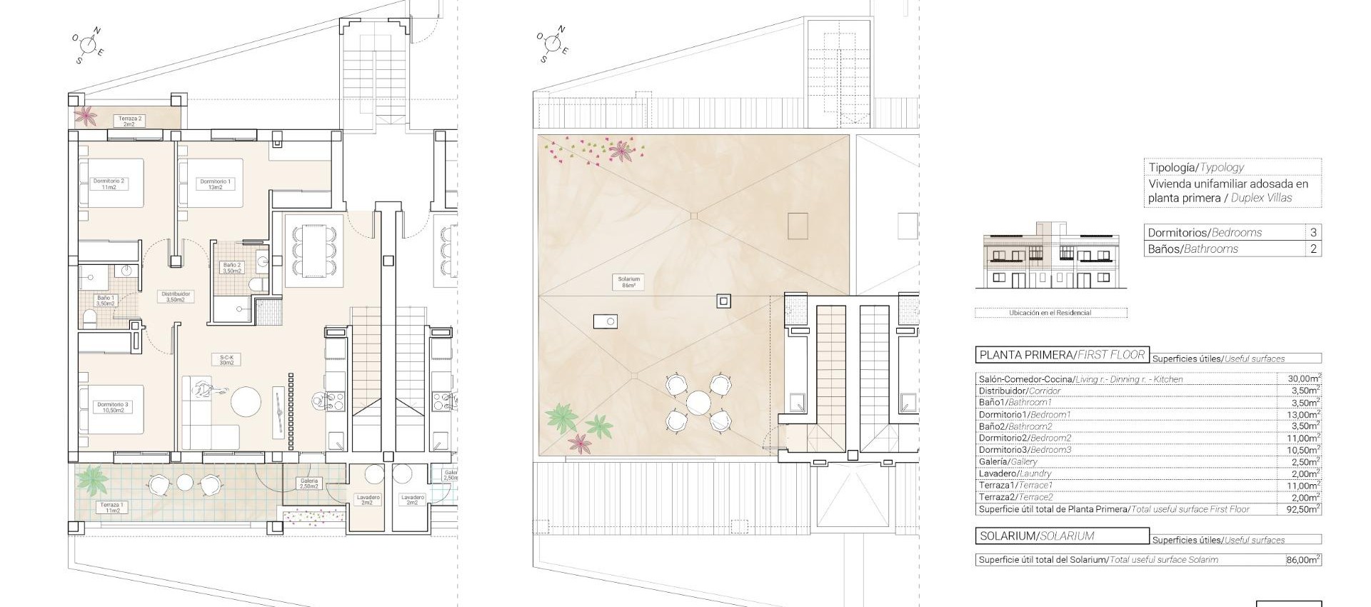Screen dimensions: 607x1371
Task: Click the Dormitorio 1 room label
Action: (215, 184)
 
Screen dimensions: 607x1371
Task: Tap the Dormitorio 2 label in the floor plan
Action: (109, 184)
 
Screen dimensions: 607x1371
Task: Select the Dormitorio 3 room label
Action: (113, 408)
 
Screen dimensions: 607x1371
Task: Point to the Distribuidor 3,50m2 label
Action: (176, 296)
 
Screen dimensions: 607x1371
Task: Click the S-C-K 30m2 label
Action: (227, 360)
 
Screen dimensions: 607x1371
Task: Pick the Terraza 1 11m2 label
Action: (111, 508)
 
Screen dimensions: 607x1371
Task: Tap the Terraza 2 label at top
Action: (130, 121)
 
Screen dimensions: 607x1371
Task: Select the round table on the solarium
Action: (698, 402)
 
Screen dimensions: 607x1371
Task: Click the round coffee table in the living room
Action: (247, 402)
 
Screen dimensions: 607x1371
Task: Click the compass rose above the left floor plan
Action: (89, 45)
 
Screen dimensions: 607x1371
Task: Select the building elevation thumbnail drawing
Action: (1050, 261)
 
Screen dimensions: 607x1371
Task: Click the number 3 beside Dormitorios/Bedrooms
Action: (1313, 233)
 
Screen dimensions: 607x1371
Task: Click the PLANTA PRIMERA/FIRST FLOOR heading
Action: (1062, 355)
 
